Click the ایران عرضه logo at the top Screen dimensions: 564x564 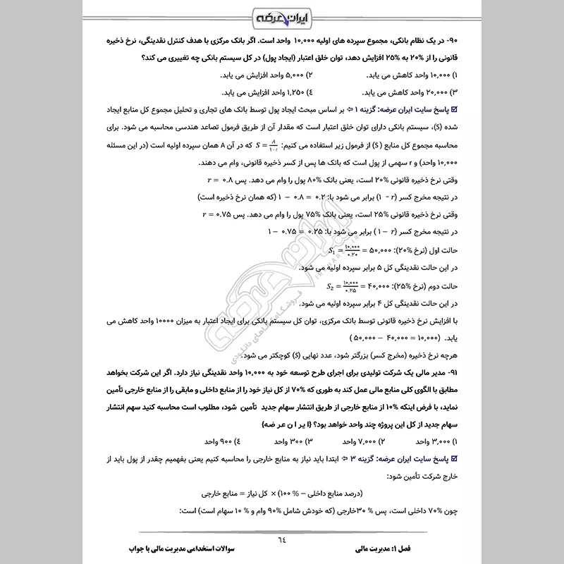[281, 15]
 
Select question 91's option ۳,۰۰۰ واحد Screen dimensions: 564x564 [506, 441]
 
